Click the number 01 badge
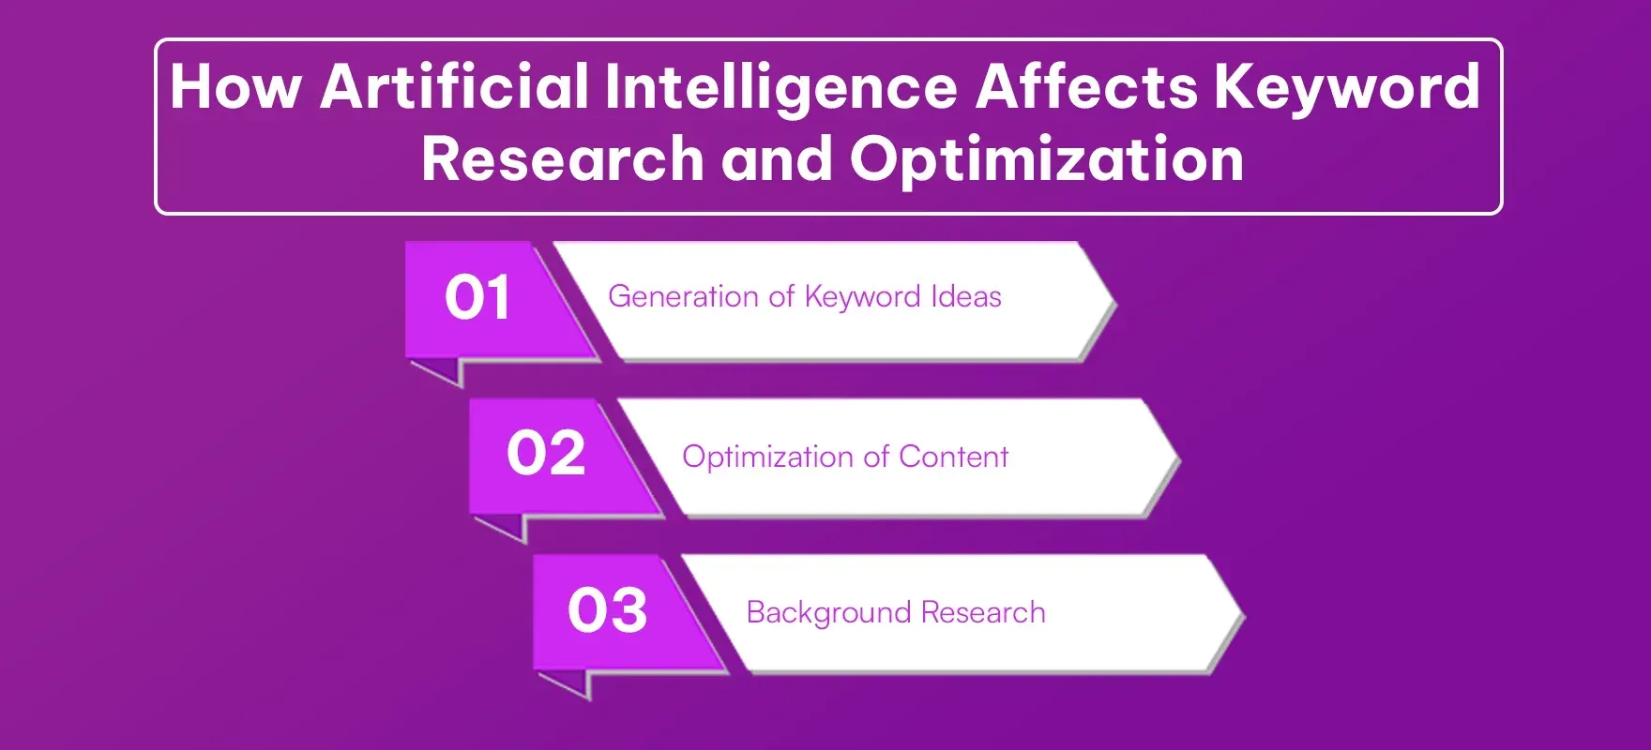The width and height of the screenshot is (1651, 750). click(x=477, y=298)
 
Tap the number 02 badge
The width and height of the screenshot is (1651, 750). click(x=546, y=454)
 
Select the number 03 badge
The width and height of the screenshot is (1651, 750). click(x=608, y=610)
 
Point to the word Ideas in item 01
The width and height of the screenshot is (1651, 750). click(x=966, y=297)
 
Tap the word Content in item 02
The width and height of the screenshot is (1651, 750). click(x=953, y=457)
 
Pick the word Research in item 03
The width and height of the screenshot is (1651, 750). click(x=983, y=613)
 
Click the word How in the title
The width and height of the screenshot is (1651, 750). click(x=235, y=87)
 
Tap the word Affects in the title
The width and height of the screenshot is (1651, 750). click(x=1086, y=87)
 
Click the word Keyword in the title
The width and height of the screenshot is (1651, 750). click(x=1347, y=87)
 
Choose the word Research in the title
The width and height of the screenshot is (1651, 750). click(x=562, y=158)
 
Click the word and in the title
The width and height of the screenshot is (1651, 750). click(x=777, y=158)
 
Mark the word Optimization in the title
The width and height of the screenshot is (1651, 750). click(x=1047, y=158)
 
